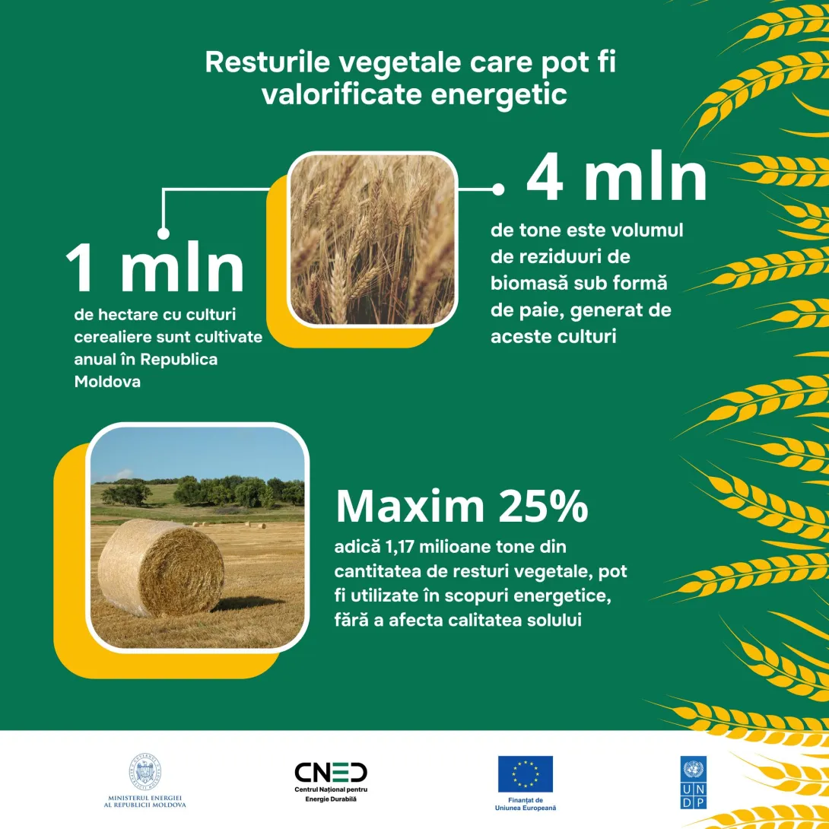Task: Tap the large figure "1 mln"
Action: pos(154,268)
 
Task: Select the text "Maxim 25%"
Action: pos(462,506)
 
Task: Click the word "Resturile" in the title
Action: pos(267,62)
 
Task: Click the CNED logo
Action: pos(331,773)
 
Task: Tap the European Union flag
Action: pos(525,773)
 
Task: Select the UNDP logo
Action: pos(693,783)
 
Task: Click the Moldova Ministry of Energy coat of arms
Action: pos(145,773)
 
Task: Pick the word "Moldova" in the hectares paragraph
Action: pos(107,382)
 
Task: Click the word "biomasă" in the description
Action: pos(529,284)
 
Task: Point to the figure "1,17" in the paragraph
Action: pos(400,547)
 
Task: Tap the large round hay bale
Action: pos(160,567)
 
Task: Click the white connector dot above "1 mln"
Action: pos(164,233)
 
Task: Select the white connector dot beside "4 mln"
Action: pos(498,189)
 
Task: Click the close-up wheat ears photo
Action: pos(372,239)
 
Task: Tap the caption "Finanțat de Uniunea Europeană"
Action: pos(525,804)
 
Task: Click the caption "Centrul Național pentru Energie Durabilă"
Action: pos(331,794)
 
